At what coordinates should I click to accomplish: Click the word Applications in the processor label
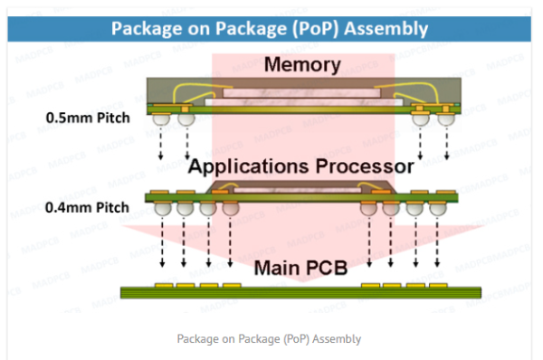pyautogui.click(x=237, y=166)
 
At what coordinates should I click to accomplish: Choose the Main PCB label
pyautogui.click(x=300, y=268)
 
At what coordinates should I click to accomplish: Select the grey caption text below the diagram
pyautogui.click(x=269, y=338)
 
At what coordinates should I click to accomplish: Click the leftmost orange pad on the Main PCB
pyautogui.click(x=163, y=285)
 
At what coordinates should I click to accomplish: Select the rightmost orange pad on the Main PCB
pyautogui.click(x=437, y=285)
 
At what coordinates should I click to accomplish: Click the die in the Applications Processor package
pyautogui.click(x=300, y=186)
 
